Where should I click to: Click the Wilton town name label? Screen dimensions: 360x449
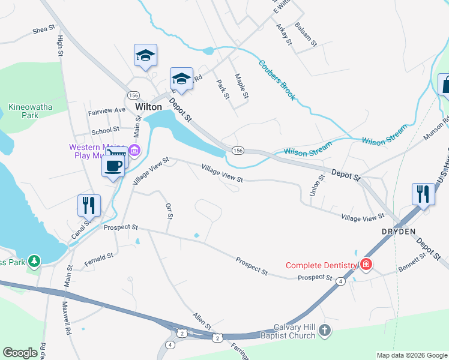tap(148, 107)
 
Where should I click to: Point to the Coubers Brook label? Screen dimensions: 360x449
tap(277, 80)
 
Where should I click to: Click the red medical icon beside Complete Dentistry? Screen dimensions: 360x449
tap(366, 265)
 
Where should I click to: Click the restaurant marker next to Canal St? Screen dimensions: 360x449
tap(89, 205)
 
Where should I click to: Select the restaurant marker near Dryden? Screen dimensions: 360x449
tap(423, 194)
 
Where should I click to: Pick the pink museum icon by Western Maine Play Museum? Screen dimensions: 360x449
tap(134, 150)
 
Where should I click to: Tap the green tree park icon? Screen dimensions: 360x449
tap(35, 261)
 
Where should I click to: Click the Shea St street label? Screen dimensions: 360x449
tap(44, 29)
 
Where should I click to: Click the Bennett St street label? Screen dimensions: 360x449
tap(414, 260)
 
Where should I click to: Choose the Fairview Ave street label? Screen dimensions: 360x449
tap(106, 110)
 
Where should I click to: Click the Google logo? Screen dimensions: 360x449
tap(20, 353)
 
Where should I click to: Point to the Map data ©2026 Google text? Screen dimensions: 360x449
tap(411, 355)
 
